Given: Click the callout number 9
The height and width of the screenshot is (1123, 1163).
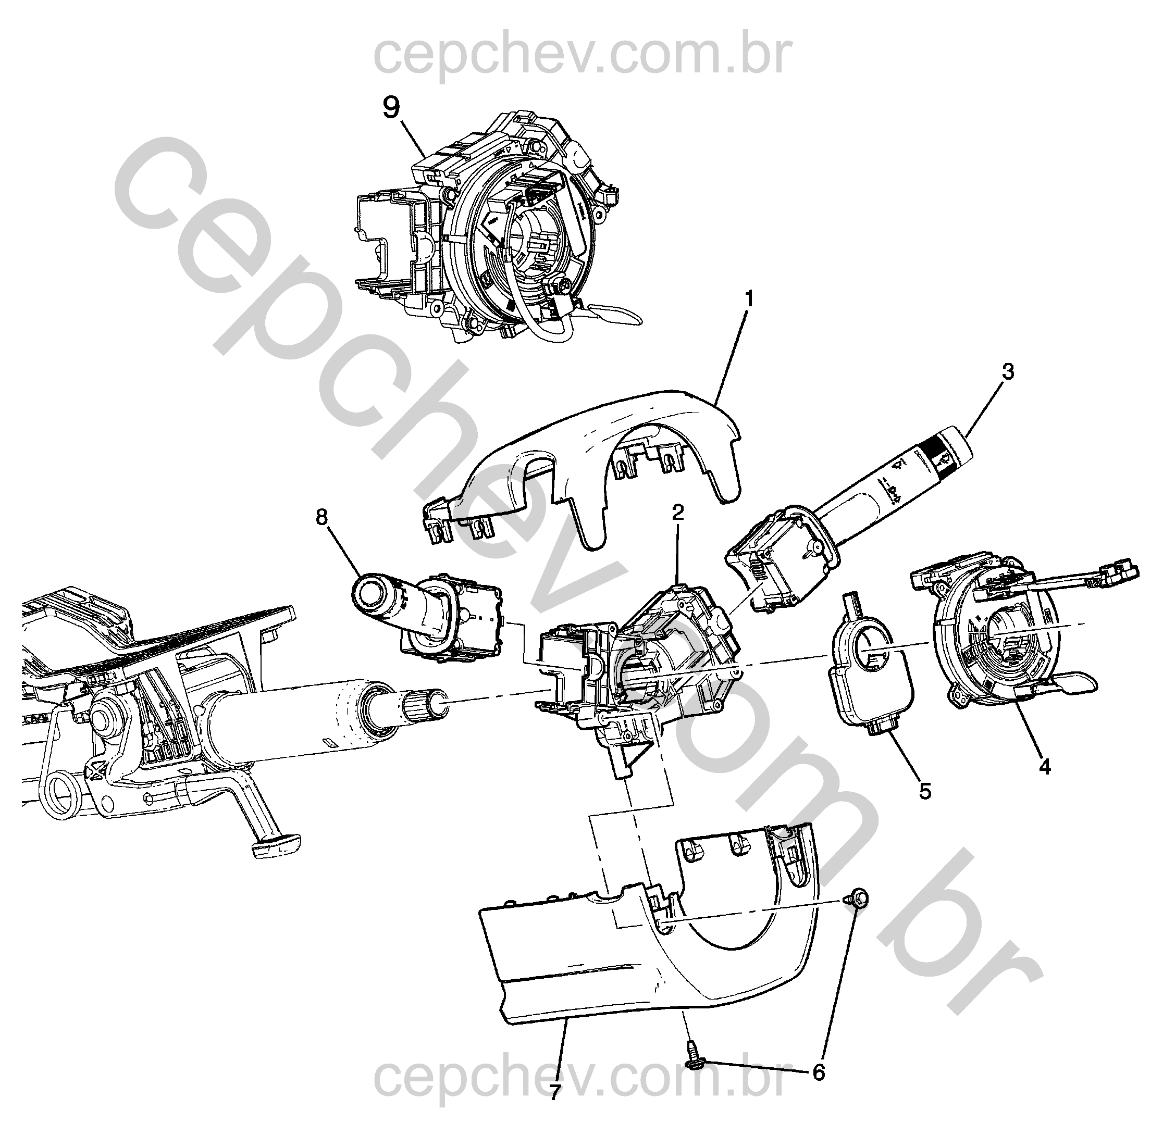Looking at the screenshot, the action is tap(392, 107).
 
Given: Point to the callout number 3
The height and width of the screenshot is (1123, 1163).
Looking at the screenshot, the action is tap(1008, 372).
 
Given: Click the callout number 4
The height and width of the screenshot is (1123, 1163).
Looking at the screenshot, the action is tap(1045, 767).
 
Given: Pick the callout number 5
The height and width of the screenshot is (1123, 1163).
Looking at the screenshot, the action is tap(925, 791).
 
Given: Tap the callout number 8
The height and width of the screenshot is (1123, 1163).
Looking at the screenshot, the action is tap(321, 517).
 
